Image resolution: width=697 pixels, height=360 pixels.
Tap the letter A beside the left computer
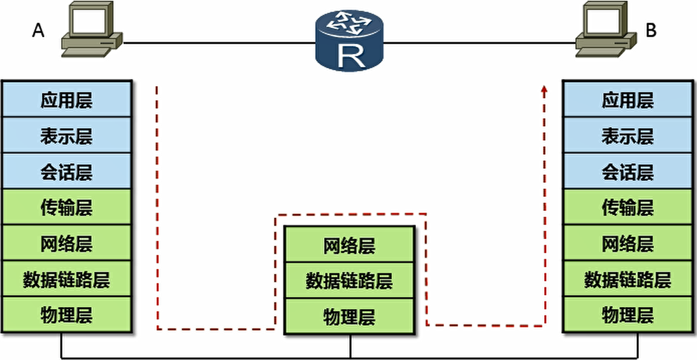[x=38, y=31]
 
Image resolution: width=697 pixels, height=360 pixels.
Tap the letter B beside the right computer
[x=651, y=31]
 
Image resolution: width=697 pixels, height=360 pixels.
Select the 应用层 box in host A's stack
[x=66, y=100]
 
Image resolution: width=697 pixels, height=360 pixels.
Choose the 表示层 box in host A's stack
[x=66, y=136]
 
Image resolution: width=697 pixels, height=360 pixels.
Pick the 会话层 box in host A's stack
[x=66, y=171]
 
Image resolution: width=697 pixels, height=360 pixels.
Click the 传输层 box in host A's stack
[x=66, y=207]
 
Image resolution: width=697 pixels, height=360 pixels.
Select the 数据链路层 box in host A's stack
[x=66, y=279]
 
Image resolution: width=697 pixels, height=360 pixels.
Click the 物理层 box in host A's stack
[x=66, y=315]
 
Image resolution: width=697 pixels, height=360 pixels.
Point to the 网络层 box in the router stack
[x=349, y=245]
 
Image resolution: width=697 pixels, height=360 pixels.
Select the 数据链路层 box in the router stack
[x=349, y=280]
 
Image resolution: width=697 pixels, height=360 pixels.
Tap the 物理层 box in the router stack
[x=349, y=316]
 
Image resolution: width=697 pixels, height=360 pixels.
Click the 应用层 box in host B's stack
[x=628, y=100]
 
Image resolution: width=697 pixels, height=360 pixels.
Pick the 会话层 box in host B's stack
[x=628, y=171]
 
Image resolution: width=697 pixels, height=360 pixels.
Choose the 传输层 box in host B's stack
[x=628, y=207]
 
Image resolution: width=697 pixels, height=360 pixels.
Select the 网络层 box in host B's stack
[x=628, y=243]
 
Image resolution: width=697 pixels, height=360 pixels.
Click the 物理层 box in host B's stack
[x=628, y=315]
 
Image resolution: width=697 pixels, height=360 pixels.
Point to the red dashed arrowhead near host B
[x=544, y=90]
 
